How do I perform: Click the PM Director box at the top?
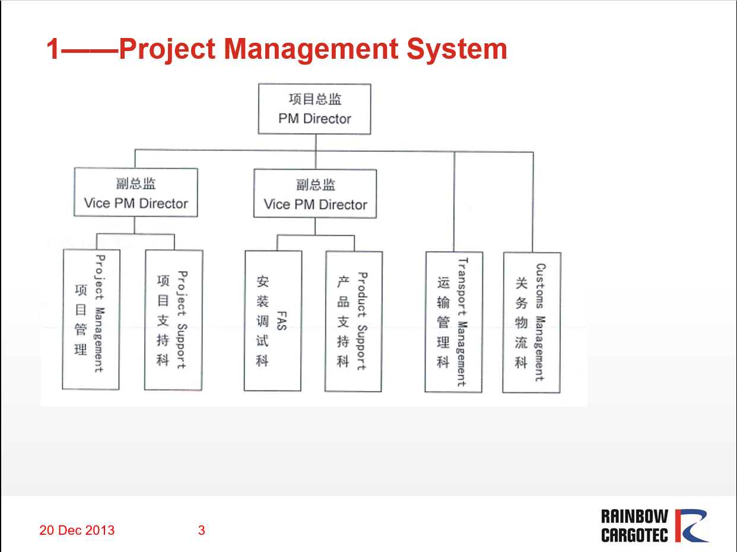315,109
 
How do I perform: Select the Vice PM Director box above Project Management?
136,192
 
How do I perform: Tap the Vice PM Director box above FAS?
315,193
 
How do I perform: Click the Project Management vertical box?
91,319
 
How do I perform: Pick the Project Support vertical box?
174,320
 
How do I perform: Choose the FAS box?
272,321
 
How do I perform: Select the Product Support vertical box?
353,321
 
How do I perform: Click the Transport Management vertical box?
453,322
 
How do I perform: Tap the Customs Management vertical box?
532,323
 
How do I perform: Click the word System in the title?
457,49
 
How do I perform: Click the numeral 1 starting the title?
53,49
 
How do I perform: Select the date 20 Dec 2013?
77,530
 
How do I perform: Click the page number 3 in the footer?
201,530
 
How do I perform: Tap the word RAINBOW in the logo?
634,516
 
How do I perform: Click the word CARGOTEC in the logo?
634,535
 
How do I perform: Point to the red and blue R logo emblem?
692,525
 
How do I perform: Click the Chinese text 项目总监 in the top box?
315,99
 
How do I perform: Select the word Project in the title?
167,49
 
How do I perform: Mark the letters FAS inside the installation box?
282,321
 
